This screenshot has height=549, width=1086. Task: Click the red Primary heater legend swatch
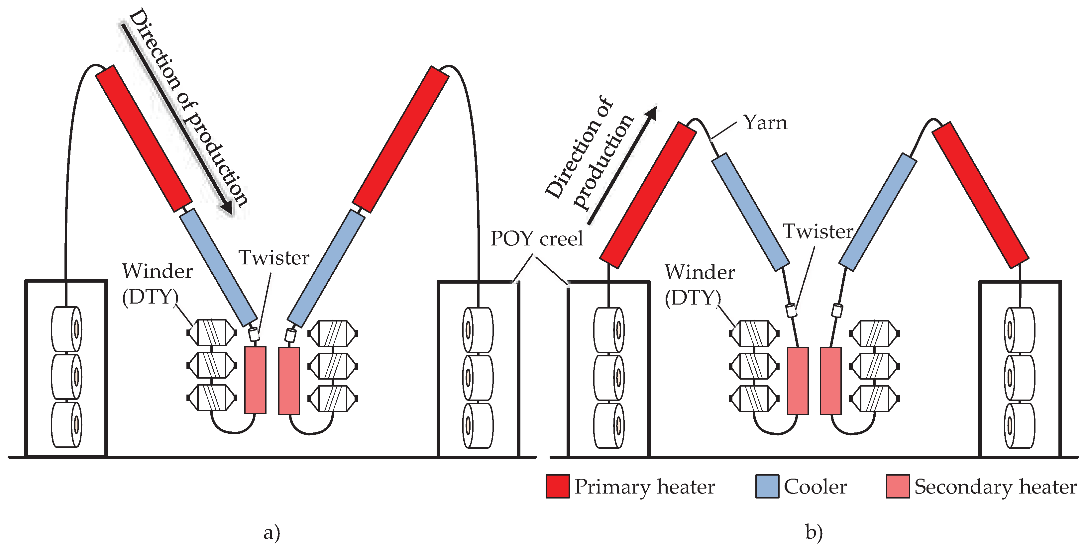557,486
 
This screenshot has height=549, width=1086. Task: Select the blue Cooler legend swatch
767,486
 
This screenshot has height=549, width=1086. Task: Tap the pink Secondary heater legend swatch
898,486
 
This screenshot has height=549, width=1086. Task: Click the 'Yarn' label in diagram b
765,123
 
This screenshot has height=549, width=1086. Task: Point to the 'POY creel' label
536,238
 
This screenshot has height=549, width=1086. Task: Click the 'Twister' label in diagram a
274,257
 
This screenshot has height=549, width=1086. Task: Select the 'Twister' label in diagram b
818,231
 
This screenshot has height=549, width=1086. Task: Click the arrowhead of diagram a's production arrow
227,207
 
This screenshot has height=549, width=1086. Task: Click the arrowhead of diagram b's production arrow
651,113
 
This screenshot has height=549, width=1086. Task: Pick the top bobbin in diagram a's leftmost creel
66,329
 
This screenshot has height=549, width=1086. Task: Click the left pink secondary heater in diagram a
255,380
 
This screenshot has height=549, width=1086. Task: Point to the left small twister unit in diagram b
792,310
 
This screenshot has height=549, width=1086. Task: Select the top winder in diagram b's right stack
874,333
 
